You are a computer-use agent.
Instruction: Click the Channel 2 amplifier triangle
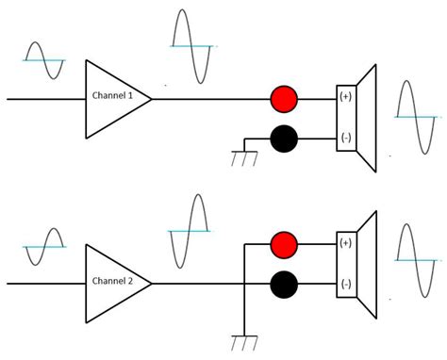tap(113, 282)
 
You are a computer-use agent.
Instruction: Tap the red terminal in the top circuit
tap(284, 98)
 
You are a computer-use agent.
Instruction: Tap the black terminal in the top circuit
tap(284, 139)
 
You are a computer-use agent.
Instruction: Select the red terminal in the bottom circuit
tap(284, 243)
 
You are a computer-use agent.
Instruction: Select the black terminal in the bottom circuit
tap(284, 283)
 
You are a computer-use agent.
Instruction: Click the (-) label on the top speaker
tap(346, 139)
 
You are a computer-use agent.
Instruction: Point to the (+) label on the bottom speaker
tap(346, 243)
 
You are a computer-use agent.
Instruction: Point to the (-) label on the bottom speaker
tap(346, 283)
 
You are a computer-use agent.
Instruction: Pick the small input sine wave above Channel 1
tap(43, 60)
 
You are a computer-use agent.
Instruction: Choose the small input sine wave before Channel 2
tap(44, 247)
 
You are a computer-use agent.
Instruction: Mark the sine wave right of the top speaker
tap(416, 117)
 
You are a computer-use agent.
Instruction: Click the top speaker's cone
tap(366, 119)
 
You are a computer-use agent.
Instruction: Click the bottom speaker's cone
tap(366, 264)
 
